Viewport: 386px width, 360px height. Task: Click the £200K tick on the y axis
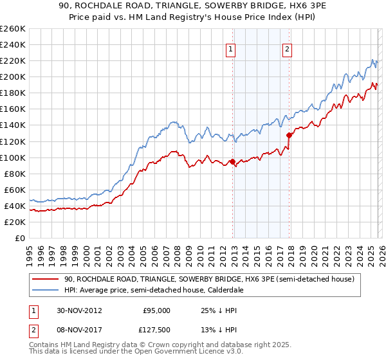click(13, 76)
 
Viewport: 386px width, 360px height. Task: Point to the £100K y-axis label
click(13, 157)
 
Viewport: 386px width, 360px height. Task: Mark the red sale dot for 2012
click(232, 161)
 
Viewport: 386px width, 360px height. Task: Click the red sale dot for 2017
click(289, 135)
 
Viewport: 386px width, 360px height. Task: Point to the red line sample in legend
click(46, 280)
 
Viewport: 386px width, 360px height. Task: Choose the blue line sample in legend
click(46, 291)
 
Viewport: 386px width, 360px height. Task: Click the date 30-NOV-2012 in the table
click(79, 310)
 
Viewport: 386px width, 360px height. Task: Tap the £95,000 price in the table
click(156, 310)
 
